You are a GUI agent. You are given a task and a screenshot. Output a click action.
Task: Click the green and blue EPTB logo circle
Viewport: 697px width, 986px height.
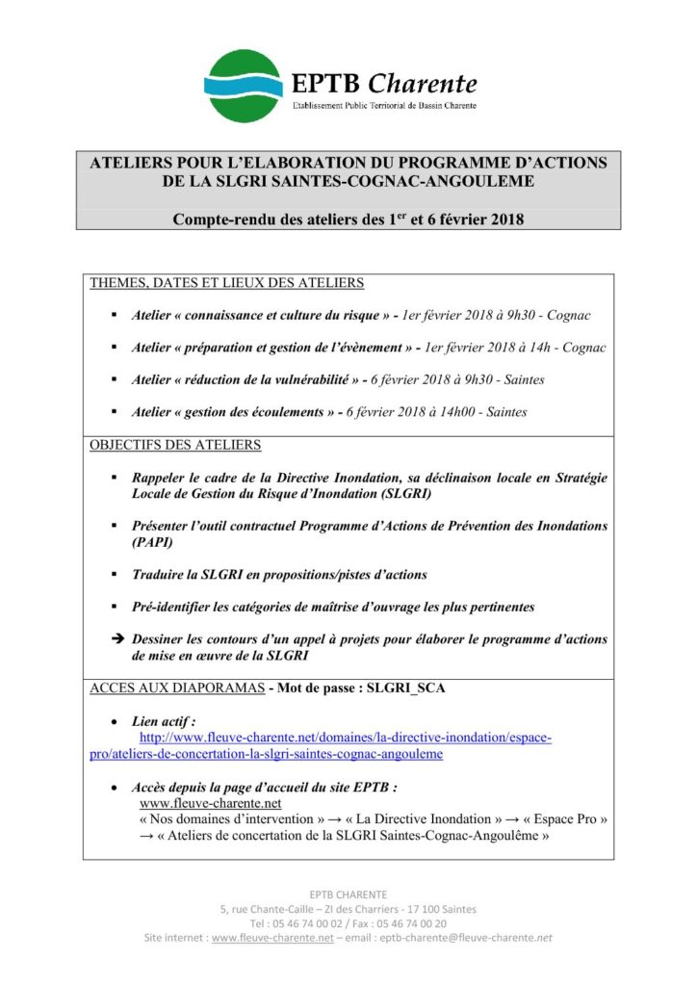pos(245,86)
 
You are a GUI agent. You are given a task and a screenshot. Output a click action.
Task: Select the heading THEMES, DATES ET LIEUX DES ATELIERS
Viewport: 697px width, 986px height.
pos(227,283)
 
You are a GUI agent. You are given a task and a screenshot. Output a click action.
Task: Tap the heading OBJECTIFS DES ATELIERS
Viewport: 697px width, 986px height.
pos(175,446)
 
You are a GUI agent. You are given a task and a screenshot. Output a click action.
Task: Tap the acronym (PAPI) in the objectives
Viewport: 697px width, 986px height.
pos(151,542)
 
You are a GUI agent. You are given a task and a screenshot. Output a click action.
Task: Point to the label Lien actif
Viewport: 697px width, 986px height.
pos(165,720)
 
